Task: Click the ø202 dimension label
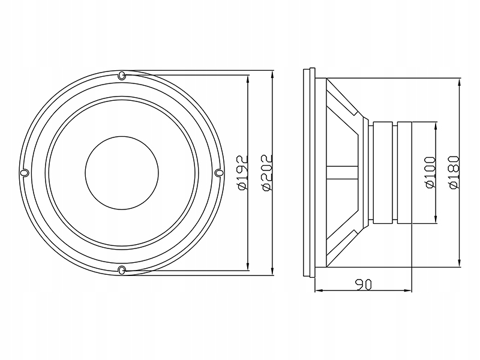click(268, 173)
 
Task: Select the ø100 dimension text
click(431, 173)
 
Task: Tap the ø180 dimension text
click(455, 173)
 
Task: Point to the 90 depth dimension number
click(364, 284)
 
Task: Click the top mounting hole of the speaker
click(122, 76)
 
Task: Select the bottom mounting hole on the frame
click(122, 270)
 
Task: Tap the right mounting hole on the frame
click(219, 173)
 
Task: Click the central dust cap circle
click(122, 173)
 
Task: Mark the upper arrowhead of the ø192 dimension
click(248, 80)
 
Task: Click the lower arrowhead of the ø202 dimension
click(272, 271)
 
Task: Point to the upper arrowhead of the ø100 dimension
click(436, 127)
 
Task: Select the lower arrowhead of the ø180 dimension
click(459, 262)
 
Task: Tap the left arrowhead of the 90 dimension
click(320, 290)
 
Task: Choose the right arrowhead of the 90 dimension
click(407, 290)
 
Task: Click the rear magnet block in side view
click(404, 173)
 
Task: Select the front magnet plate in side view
click(383, 173)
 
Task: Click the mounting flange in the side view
click(309, 173)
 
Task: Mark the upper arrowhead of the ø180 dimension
click(459, 83)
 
